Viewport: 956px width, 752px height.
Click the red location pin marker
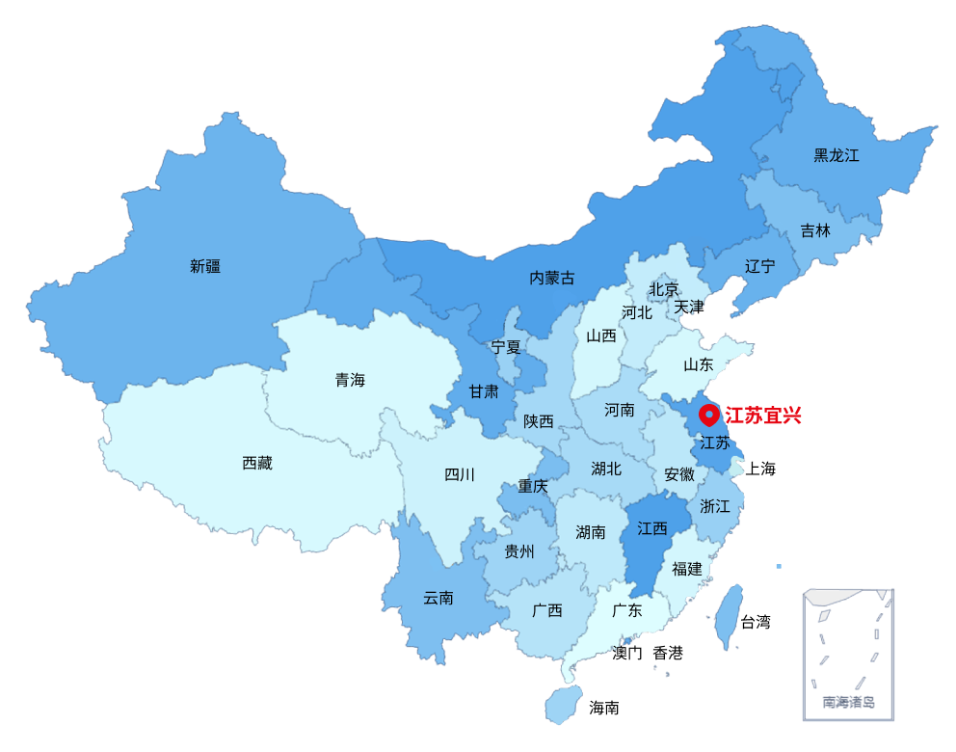point(709,415)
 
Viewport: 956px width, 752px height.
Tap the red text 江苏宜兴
point(762,416)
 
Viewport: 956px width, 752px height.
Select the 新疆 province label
point(205,266)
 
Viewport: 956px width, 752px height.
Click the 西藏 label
point(257,464)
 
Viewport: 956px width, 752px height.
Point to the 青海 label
point(350,380)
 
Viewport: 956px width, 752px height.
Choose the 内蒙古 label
point(551,278)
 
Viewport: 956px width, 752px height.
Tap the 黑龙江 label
point(836,155)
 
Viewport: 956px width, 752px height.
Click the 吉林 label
point(814,230)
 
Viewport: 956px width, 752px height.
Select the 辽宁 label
point(759,266)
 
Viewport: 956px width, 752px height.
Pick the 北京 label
point(663,289)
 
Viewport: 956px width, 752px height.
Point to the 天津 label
point(689,307)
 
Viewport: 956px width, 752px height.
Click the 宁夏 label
point(506,347)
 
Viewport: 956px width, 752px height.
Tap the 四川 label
point(460,474)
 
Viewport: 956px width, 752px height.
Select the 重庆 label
point(533,486)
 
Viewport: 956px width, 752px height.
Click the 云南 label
point(438,598)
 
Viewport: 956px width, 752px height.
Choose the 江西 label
point(652,528)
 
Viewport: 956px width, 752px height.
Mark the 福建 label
point(687,569)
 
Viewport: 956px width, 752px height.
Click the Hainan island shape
point(562,704)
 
